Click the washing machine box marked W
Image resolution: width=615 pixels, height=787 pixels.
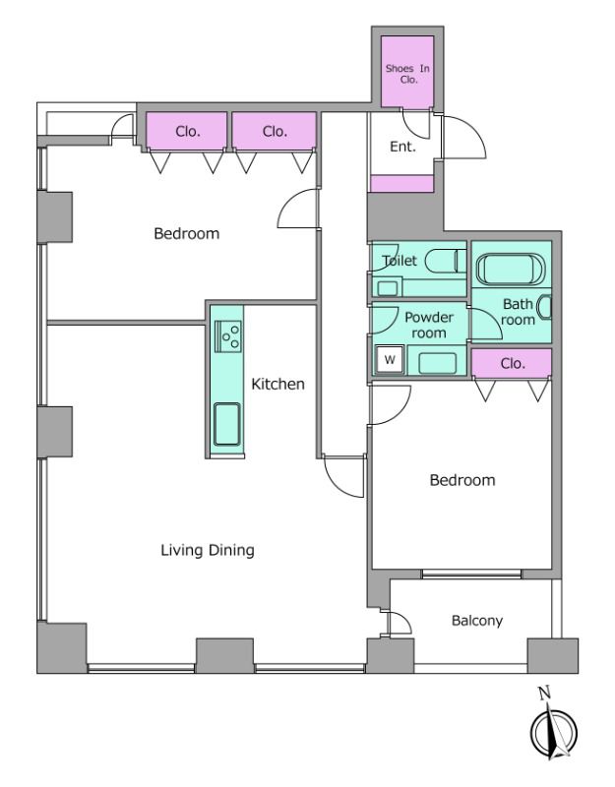390,359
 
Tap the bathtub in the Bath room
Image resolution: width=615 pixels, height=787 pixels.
510,269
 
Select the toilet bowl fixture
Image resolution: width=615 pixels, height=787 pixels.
446,261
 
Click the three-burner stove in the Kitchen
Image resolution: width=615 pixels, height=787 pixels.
228,335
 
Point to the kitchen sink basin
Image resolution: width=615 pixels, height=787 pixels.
227,424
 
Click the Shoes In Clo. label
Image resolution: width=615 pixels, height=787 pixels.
407,73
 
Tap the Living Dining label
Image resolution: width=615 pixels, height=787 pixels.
208,550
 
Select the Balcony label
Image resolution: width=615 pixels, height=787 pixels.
477,621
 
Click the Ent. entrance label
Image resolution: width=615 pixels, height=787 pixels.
402,147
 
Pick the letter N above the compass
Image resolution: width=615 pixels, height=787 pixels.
545,694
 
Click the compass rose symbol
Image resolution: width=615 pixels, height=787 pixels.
554,732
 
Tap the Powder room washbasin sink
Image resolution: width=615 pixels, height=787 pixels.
437,363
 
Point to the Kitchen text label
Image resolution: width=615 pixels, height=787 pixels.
277,384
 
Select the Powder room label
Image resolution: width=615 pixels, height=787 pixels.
429,325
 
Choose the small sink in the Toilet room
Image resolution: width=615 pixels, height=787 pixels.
387,288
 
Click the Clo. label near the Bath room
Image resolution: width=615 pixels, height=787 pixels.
513,363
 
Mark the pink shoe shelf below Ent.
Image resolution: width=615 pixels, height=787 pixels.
401,183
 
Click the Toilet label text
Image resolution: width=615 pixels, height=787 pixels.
400,261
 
